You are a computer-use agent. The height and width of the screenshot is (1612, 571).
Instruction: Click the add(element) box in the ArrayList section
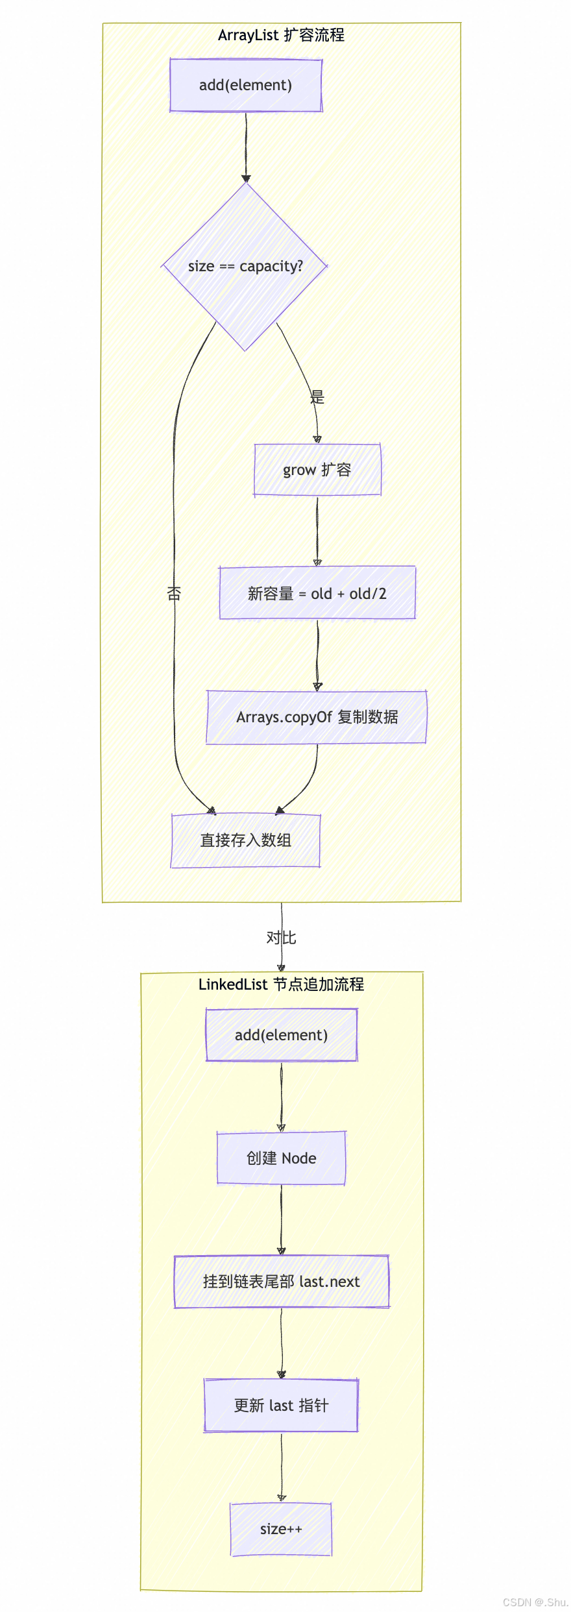point(245,85)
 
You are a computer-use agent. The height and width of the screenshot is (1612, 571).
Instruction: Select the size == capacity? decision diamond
point(245,266)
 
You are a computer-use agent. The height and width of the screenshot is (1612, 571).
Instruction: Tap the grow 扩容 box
point(317,470)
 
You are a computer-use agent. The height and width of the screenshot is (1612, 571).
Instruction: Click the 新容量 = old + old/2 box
point(317,593)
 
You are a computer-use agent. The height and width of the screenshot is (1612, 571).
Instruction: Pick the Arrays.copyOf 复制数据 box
point(317,717)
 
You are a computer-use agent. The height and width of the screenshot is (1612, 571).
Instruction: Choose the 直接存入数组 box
point(245,840)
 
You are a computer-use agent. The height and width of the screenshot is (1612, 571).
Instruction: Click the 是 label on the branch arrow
point(317,397)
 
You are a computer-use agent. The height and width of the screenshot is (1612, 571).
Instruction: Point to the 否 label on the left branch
point(174,593)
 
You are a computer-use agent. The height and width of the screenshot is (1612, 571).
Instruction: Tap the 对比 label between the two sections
point(281,938)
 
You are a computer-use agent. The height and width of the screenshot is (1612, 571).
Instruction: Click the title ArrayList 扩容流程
point(281,35)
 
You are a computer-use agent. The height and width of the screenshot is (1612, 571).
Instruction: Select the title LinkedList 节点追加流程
point(281,984)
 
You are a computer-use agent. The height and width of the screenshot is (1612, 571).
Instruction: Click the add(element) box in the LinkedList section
point(281,1035)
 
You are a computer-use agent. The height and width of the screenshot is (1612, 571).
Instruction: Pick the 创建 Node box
point(281,1158)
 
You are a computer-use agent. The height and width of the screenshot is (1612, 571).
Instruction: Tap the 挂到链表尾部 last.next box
point(281,1282)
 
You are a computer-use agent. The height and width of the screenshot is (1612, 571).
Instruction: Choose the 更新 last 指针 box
point(281,1406)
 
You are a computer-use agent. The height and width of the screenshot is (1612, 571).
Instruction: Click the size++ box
point(281,1529)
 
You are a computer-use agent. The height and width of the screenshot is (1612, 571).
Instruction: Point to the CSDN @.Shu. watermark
point(535,1602)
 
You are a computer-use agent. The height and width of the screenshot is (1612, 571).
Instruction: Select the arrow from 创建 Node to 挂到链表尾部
point(281,1220)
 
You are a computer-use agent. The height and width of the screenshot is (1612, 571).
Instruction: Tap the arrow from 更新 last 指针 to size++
point(281,1467)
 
